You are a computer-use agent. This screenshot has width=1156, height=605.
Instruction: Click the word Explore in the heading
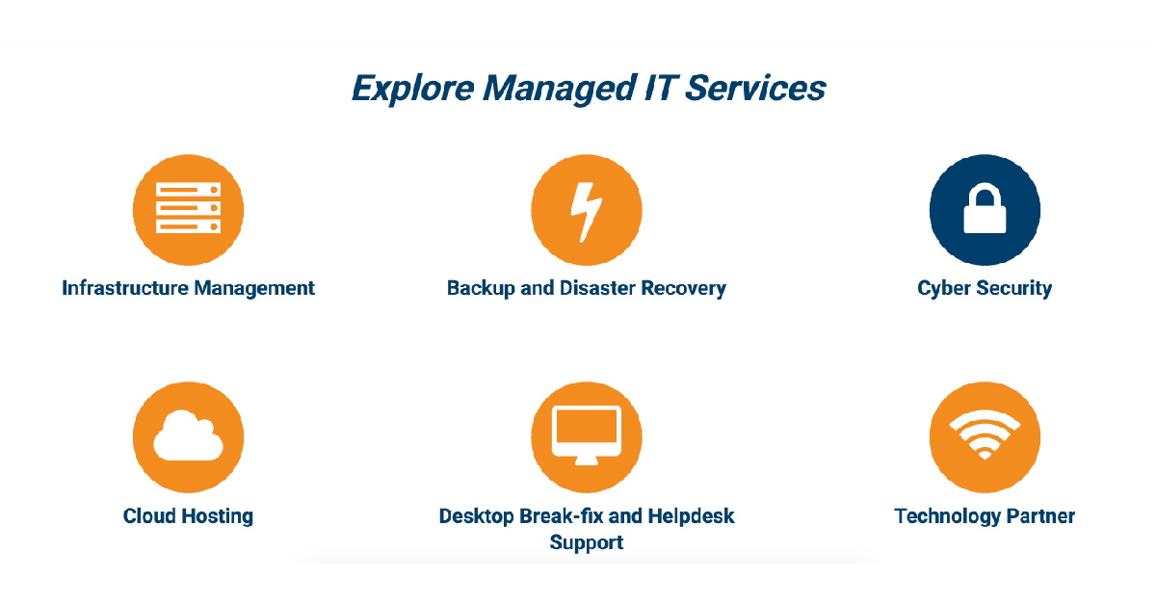(x=413, y=89)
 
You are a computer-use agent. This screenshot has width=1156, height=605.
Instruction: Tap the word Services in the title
(x=755, y=88)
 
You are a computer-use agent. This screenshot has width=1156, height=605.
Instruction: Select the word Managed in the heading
(x=560, y=89)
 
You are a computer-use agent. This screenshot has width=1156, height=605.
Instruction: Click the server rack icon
(x=189, y=207)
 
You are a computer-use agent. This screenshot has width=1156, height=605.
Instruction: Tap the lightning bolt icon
(x=587, y=212)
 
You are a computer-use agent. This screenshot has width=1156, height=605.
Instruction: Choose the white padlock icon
(x=985, y=208)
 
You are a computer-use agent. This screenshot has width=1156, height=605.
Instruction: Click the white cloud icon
(x=189, y=435)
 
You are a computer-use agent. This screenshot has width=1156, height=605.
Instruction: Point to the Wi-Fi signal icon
(x=985, y=434)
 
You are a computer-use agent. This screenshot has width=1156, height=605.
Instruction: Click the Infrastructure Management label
(x=189, y=288)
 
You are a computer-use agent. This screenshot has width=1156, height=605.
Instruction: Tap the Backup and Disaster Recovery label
(x=587, y=288)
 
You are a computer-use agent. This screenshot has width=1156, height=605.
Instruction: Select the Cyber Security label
(x=985, y=288)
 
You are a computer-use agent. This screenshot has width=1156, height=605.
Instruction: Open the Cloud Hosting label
(x=189, y=516)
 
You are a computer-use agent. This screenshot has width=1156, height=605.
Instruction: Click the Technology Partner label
(x=985, y=516)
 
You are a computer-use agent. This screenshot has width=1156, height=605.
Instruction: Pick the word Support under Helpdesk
(x=587, y=543)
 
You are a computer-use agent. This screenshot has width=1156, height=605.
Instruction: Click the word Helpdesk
(x=691, y=516)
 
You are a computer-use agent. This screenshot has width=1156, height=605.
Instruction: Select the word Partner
(x=1041, y=516)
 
